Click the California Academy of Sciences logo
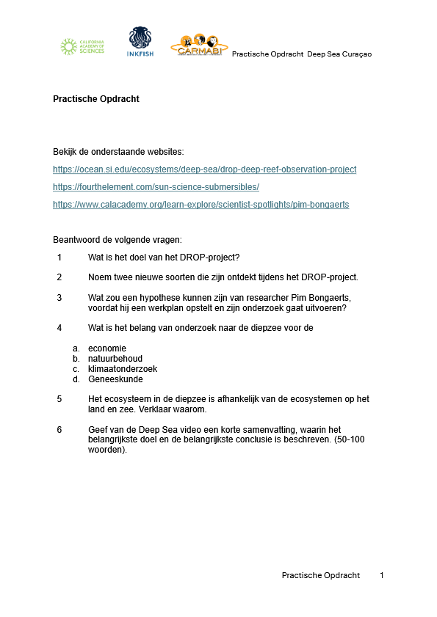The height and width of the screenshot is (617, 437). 82,47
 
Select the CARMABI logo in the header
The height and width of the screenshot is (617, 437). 198,45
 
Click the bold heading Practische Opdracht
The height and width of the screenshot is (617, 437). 96,99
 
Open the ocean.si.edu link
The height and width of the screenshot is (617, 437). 204,169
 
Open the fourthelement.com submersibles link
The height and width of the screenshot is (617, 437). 156,187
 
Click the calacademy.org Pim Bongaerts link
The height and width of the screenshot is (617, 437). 201,205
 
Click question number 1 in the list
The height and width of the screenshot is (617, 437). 59,258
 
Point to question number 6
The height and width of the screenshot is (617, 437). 59,430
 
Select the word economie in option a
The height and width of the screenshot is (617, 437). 107,348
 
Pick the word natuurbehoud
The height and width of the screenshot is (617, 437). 115,359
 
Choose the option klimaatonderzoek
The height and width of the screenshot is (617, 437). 123,369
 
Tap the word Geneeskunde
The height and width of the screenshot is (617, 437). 115,379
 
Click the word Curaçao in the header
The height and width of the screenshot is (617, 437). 355,54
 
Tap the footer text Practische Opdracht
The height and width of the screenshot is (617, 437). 321,575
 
